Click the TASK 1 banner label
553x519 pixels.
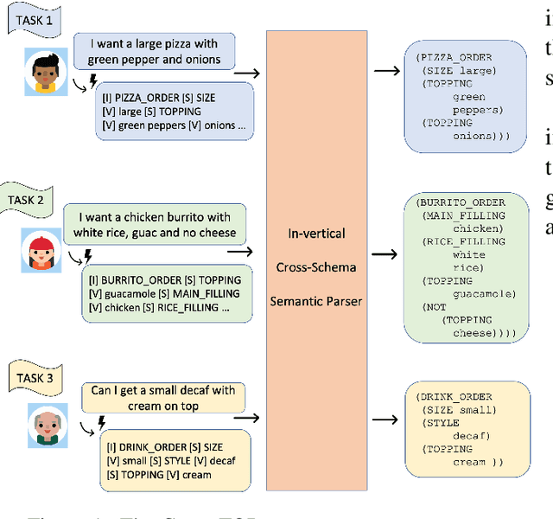click(35, 20)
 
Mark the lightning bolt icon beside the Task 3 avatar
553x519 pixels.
click(102, 422)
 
